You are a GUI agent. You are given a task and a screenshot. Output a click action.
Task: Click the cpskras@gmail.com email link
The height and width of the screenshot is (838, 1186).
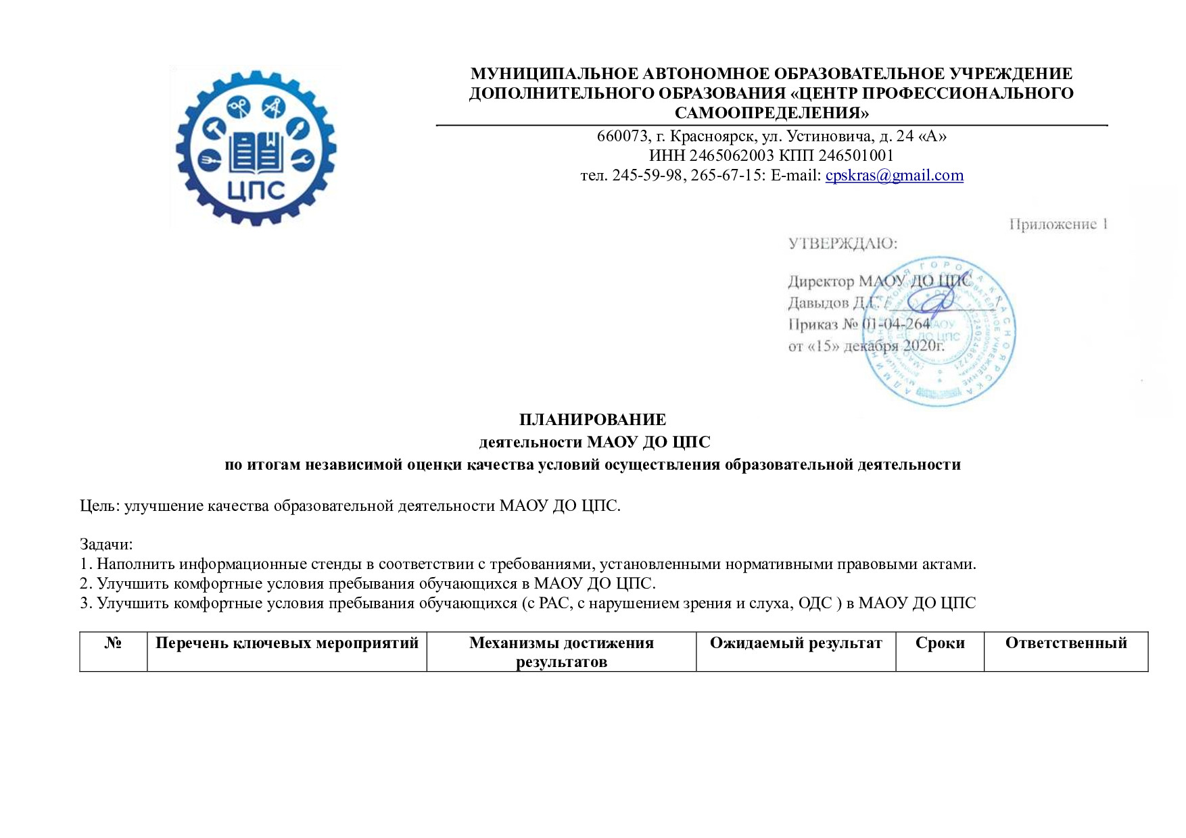pos(894,176)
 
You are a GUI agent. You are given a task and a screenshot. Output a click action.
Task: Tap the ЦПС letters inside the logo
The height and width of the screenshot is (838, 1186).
pos(256,191)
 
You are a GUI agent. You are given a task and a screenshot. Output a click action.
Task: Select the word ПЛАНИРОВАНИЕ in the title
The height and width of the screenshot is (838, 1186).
pos(592,420)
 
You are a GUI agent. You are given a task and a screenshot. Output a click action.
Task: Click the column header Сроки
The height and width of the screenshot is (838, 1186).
pos(939,643)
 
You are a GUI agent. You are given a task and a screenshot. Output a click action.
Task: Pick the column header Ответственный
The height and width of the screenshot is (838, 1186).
pos(1066,643)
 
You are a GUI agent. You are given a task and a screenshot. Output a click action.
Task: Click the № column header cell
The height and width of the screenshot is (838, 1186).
pos(113,643)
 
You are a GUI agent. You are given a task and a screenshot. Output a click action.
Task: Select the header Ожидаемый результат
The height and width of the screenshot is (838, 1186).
pos(796,643)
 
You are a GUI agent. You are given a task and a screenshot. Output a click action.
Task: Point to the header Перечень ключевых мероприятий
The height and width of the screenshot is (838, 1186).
pos(287,643)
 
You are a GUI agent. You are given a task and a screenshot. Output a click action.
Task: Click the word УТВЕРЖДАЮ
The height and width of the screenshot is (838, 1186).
pos(843,244)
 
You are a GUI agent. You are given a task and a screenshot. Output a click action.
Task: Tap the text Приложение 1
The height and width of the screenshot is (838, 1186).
pos(1058,224)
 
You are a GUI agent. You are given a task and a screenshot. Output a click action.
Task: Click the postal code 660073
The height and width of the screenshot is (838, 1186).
pos(622,137)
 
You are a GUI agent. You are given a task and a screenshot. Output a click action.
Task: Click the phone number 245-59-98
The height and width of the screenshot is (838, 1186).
pos(646,176)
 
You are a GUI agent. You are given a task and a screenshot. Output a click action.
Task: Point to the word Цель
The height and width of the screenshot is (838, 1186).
pos(99,506)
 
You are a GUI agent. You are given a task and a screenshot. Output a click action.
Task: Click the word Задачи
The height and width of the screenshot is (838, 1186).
pos(105,544)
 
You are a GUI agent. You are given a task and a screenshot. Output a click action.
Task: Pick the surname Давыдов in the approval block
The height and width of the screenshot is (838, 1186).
pos(818,303)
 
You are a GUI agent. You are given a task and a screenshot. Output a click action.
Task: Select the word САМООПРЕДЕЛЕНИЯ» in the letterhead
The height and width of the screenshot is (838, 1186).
pos(772,113)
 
